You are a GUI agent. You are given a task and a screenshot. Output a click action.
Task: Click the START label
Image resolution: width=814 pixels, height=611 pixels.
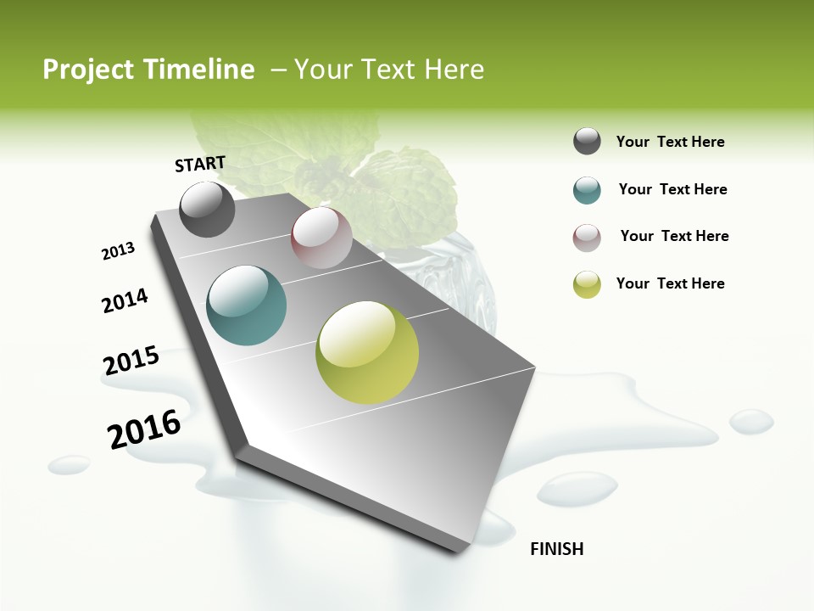pos(200,164)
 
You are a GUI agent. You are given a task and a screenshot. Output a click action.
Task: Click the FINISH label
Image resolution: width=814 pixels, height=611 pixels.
pos(556,549)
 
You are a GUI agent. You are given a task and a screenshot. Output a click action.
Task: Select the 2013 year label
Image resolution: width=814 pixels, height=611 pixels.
pos(118,251)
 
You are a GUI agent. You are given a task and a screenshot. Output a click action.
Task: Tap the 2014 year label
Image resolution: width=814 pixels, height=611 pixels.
pos(125,300)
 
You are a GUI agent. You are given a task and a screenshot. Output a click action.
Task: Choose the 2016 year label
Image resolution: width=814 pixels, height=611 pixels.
pos(144,429)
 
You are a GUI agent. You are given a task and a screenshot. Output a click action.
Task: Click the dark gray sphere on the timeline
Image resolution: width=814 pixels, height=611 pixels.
pos(207,210)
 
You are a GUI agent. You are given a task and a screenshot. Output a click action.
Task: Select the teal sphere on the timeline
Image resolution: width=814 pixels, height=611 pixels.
pos(247,305)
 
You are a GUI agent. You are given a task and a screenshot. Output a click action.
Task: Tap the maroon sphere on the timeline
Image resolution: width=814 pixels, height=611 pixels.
pos(321,238)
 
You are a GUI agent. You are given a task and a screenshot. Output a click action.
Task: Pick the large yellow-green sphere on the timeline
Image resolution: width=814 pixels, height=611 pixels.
pos(367,352)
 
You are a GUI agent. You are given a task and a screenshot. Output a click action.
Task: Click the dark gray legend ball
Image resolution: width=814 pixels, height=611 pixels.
pos(587,142)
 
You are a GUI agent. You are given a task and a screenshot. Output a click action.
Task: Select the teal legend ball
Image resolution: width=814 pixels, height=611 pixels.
pos(587,190)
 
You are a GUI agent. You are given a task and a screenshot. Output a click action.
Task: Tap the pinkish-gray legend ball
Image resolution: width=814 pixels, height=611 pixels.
pos(587,238)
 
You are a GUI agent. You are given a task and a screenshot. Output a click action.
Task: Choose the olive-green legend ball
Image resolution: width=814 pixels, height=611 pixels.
pos(587,284)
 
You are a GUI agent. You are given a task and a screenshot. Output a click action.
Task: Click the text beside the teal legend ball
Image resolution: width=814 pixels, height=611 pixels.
pos(672,189)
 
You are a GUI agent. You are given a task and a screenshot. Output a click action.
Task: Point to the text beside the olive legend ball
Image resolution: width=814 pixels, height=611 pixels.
pos(670,283)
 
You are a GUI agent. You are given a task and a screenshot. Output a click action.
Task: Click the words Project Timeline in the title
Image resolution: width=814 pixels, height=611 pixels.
pos(148,70)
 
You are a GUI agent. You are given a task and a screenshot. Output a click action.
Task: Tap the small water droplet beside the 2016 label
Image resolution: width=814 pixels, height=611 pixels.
pos(69,464)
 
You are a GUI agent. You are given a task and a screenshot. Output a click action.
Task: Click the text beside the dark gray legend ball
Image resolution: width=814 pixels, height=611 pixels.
pos(670,142)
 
